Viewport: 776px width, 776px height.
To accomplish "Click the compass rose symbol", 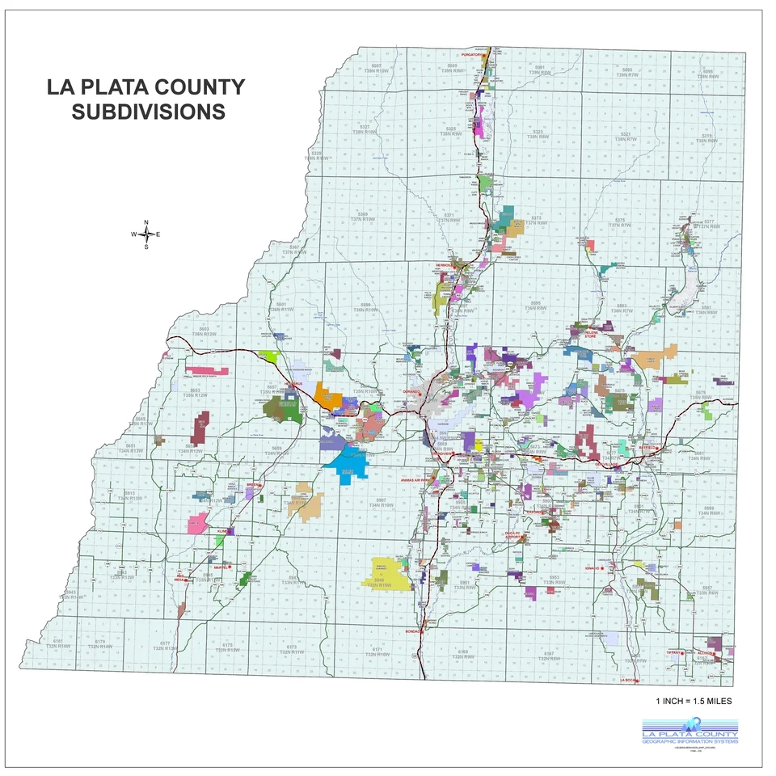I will click(146, 234).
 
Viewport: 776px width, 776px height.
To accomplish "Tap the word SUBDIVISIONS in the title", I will click(148, 112).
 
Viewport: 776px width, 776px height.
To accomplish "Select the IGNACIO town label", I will click(594, 568).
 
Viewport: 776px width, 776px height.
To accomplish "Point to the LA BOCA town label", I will click(629, 681).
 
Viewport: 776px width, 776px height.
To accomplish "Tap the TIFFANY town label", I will click(675, 652).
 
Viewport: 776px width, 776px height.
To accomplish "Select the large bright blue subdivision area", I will click(348, 464).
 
